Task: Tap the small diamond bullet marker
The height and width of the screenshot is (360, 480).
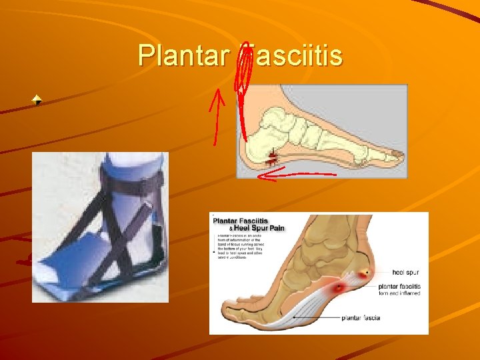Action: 38,101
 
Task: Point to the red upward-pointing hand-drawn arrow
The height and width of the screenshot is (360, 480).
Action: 217,117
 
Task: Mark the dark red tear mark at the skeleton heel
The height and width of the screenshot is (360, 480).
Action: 272,157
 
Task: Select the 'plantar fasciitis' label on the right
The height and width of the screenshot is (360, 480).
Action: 398,287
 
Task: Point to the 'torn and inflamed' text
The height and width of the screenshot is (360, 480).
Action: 399,293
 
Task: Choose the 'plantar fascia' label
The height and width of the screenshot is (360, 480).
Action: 361,318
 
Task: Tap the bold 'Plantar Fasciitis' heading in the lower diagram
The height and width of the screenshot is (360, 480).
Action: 240,221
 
